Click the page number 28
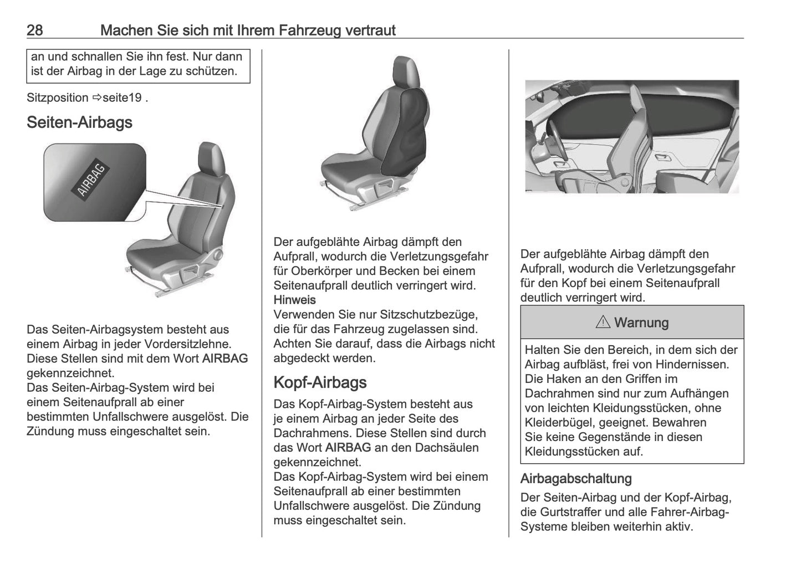click(x=34, y=30)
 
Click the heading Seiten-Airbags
click(x=79, y=122)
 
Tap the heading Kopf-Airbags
click(x=320, y=383)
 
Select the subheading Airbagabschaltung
click(x=576, y=479)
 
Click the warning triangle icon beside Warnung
click(x=603, y=322)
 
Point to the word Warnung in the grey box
click(x=641, y=322)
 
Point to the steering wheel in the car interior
click(x=554, y=144)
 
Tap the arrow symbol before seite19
click(x=98, y=98)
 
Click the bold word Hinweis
click(x=294, y=300)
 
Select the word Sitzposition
click(x=58, y=98)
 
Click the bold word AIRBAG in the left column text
click(x=225, y=358)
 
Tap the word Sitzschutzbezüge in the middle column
click(x=428, y=315)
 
